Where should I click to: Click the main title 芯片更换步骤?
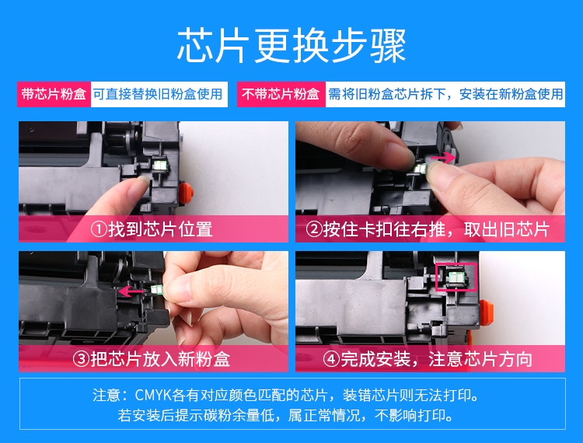(x=291, y=46)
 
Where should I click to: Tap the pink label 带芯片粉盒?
(x=54, y=94)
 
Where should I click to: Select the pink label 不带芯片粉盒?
(x=281, y=94)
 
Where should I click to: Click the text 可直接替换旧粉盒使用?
(x=158, y=94)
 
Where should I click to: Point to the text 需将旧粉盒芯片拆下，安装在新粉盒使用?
(x=445, y=94)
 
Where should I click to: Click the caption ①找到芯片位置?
(x=152, y=229)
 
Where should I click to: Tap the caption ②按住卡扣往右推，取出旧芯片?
(x=428, y=229)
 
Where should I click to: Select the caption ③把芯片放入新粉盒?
(x=152, y=359)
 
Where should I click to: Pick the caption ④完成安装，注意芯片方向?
(x=428, y=359)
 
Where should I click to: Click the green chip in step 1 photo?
(x=161, y=165)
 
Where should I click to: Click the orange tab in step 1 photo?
(x=186, y=193)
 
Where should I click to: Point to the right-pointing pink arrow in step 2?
(x=442, y=158)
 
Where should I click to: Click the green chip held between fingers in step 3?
(x=157, y=290)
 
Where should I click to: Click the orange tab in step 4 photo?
(x=486, y=312)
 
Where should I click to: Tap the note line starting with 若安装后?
(x=285, y=415)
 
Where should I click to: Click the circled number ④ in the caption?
(x=331, y=359)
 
